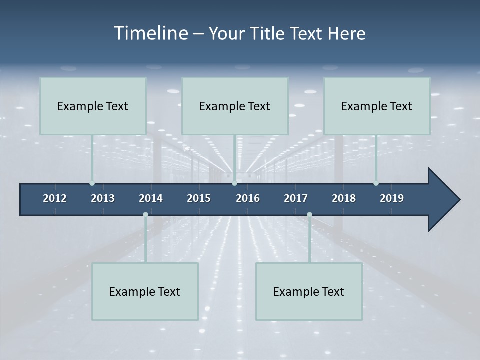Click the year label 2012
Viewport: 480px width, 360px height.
coord(55,198)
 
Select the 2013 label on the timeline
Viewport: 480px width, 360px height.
coord(103,198)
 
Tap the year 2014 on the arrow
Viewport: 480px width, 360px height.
coord(151,198)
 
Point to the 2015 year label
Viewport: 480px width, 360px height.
coord(199,198)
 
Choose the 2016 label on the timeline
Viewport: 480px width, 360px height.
coord(248,198)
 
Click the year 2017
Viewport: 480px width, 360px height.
coord(296,198)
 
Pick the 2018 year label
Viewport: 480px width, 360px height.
coord(344,198)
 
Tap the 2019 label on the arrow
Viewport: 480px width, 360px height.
coord(392,198)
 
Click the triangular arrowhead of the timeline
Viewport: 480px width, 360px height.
coord(442,200)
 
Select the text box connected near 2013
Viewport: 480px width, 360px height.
coord(93,106)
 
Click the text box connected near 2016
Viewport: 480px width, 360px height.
coord(235,106)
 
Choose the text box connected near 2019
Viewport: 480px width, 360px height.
coord(377,106)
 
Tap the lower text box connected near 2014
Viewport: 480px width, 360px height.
coord(145,291)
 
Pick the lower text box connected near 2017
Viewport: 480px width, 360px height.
coord(309,291)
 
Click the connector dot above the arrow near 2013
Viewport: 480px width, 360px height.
coord(92,183)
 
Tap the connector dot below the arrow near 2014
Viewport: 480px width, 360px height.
coord(145,215)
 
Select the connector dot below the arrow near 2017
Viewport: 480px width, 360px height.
coord(309,215)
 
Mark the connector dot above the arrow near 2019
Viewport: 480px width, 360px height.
coord(376,183)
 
